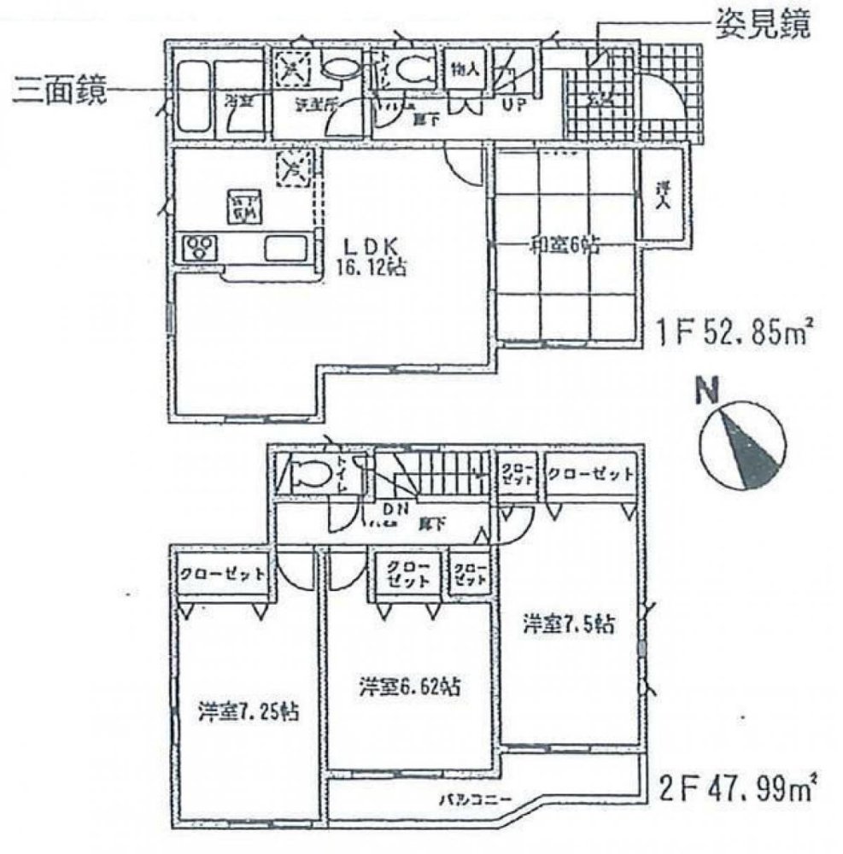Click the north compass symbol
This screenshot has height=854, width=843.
pyautogui.click(x=740, y=447)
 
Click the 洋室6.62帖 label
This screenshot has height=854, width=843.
pyautogui.click(x=412, y=685)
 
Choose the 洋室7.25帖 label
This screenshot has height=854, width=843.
pyautogui.click(x=249, y=711)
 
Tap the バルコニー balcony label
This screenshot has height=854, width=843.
pyautogui.click(x=475, y=800)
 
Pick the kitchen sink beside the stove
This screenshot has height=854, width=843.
pyautogui.click(x=285, y=249)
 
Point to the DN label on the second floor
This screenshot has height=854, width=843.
pyautogui.click(x=394, y=511)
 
